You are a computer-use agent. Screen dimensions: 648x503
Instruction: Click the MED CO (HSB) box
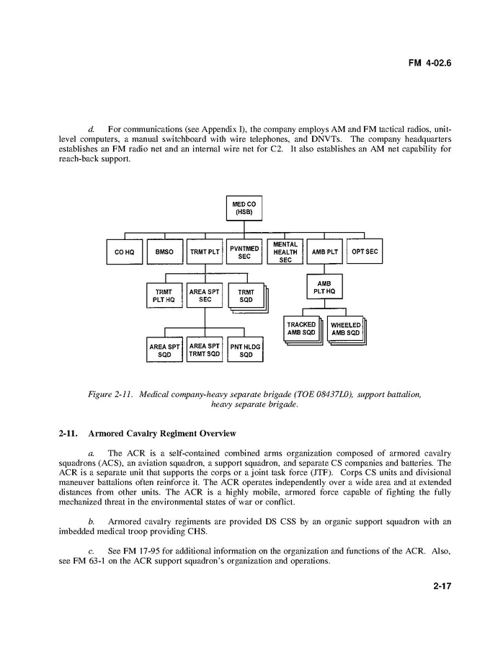click(x=244, y=208)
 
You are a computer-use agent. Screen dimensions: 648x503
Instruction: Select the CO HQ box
click(x=125, y=252)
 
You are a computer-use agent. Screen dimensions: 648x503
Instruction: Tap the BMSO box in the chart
click(x=164, y=252)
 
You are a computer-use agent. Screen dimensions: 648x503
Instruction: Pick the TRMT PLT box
click(x=205, y=252)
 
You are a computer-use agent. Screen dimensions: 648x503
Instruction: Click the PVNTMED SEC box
click(x=244, y=252)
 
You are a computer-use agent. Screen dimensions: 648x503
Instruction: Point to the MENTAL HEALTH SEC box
click(x=285, y=252)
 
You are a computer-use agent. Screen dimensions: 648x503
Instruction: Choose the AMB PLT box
click(x=324, y=252)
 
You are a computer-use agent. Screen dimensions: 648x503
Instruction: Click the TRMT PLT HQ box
click(x=164, y=296)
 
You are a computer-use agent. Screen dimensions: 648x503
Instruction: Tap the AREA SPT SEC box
click(x=205, y=296)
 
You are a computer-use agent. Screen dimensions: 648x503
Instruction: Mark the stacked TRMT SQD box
click(x=246, y=296)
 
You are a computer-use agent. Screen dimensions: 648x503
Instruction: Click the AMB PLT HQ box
click(x=324, y=285)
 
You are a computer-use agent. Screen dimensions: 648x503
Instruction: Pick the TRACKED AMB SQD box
click(x=301, y=329)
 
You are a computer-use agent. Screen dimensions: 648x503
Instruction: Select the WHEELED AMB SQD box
click(x=345, y=329)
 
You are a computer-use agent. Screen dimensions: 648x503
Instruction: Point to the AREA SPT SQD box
click(x=164, y=350)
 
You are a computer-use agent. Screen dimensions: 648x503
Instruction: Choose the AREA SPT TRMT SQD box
click(x=205, y=350)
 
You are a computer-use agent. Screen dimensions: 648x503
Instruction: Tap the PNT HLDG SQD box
click(x=246, y=350)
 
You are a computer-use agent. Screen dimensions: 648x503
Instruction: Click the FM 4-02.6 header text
click(x=429, y=63)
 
